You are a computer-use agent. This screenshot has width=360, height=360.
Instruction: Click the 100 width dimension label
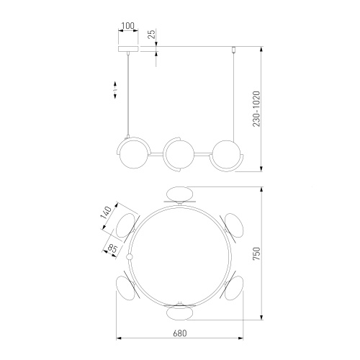click(x=128, y=26)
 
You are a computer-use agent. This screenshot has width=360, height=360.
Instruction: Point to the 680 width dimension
click(x=180, y=333)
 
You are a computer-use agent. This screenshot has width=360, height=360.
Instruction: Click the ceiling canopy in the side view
click(x=128, y=49)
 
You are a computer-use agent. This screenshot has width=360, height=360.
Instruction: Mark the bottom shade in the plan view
click(x=179, y=312)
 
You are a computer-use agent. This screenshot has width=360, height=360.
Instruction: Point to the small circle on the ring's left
click(x=130, y=256)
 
